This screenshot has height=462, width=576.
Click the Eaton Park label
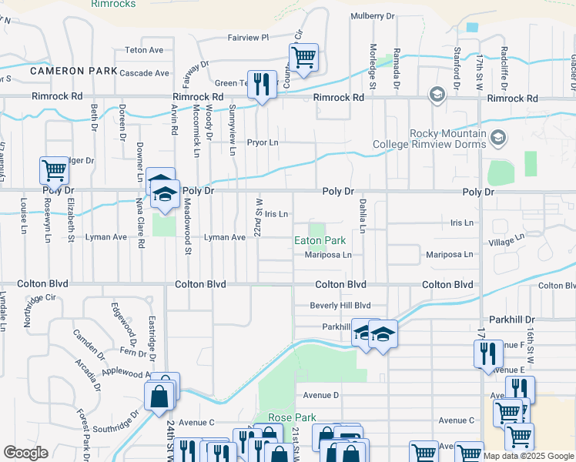coord(320,241)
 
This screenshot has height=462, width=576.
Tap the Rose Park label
coord(292,417)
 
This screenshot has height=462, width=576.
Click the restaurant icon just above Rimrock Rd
coord(262,85)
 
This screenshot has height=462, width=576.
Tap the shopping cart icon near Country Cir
coord(303,58)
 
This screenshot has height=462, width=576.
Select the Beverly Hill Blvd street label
coord(340,306)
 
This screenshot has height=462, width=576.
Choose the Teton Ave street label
coord(145,50)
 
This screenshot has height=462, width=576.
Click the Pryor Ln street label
coord(262,142)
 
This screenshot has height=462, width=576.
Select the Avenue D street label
coord(321,396)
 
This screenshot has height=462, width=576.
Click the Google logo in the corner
coord(25,453)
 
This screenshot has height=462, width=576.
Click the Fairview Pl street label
coord(248,37)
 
